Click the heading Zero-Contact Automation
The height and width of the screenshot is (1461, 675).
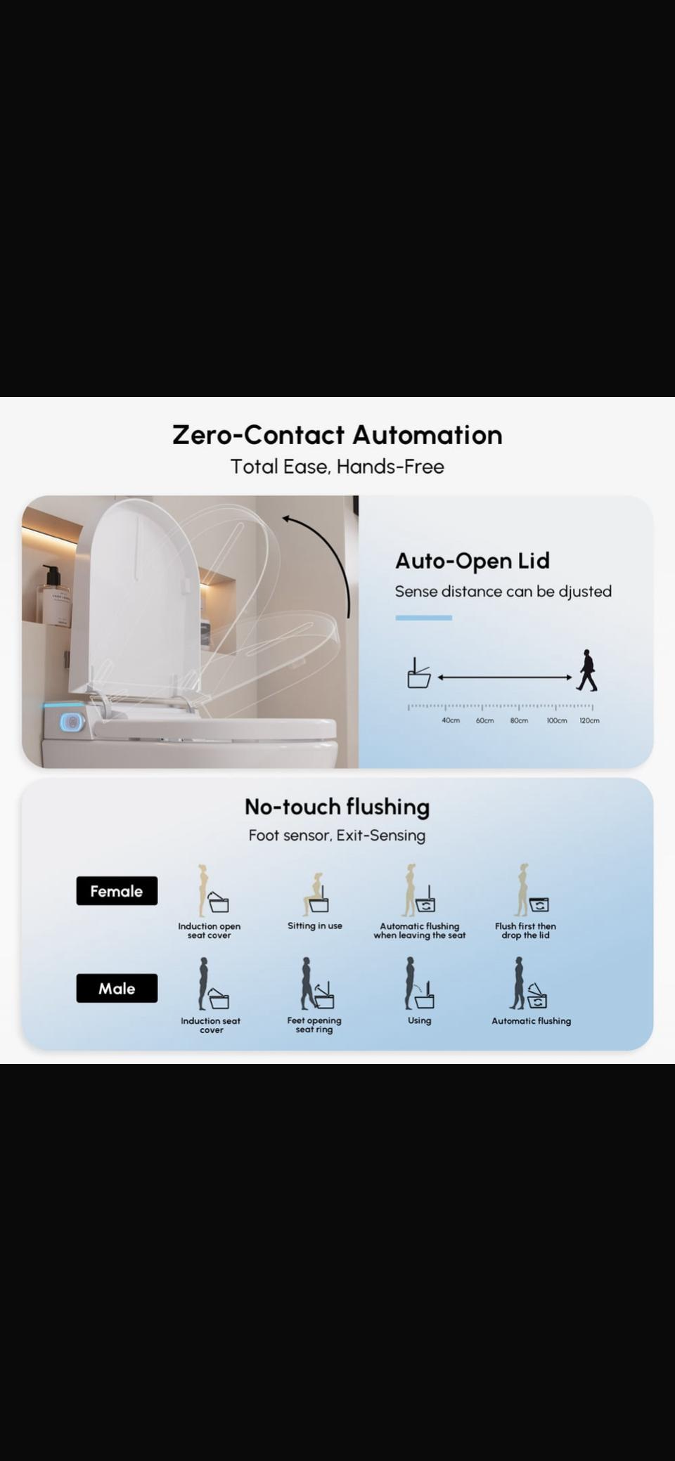pos(337,435)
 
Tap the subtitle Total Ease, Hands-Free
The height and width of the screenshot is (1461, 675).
pos(337,467)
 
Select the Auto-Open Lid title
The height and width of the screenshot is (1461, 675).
pos(472,561)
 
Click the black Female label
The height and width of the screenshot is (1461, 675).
pos(117,891)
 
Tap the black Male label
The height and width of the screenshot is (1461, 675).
pos(117,989)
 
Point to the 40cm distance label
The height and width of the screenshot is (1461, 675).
pos(451,720)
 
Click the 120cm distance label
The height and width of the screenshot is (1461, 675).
pos(589,720)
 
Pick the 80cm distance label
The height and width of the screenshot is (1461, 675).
pos(519,720)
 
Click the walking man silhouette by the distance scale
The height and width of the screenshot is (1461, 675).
pos(586,670)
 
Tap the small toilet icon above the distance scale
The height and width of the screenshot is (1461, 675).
pos(419,673)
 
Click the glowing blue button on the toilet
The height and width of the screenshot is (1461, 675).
pos(70,721)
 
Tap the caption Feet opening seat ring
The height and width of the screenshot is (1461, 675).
pos(314,1025)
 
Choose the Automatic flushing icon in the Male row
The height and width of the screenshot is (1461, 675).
pos(529,983)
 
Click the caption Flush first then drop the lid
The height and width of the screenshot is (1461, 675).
pos(525,930)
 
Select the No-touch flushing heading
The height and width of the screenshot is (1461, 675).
pos(337,807)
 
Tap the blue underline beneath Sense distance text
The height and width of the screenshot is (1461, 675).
pos(423,618)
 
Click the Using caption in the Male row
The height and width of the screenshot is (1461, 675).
pos(419,1020)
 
